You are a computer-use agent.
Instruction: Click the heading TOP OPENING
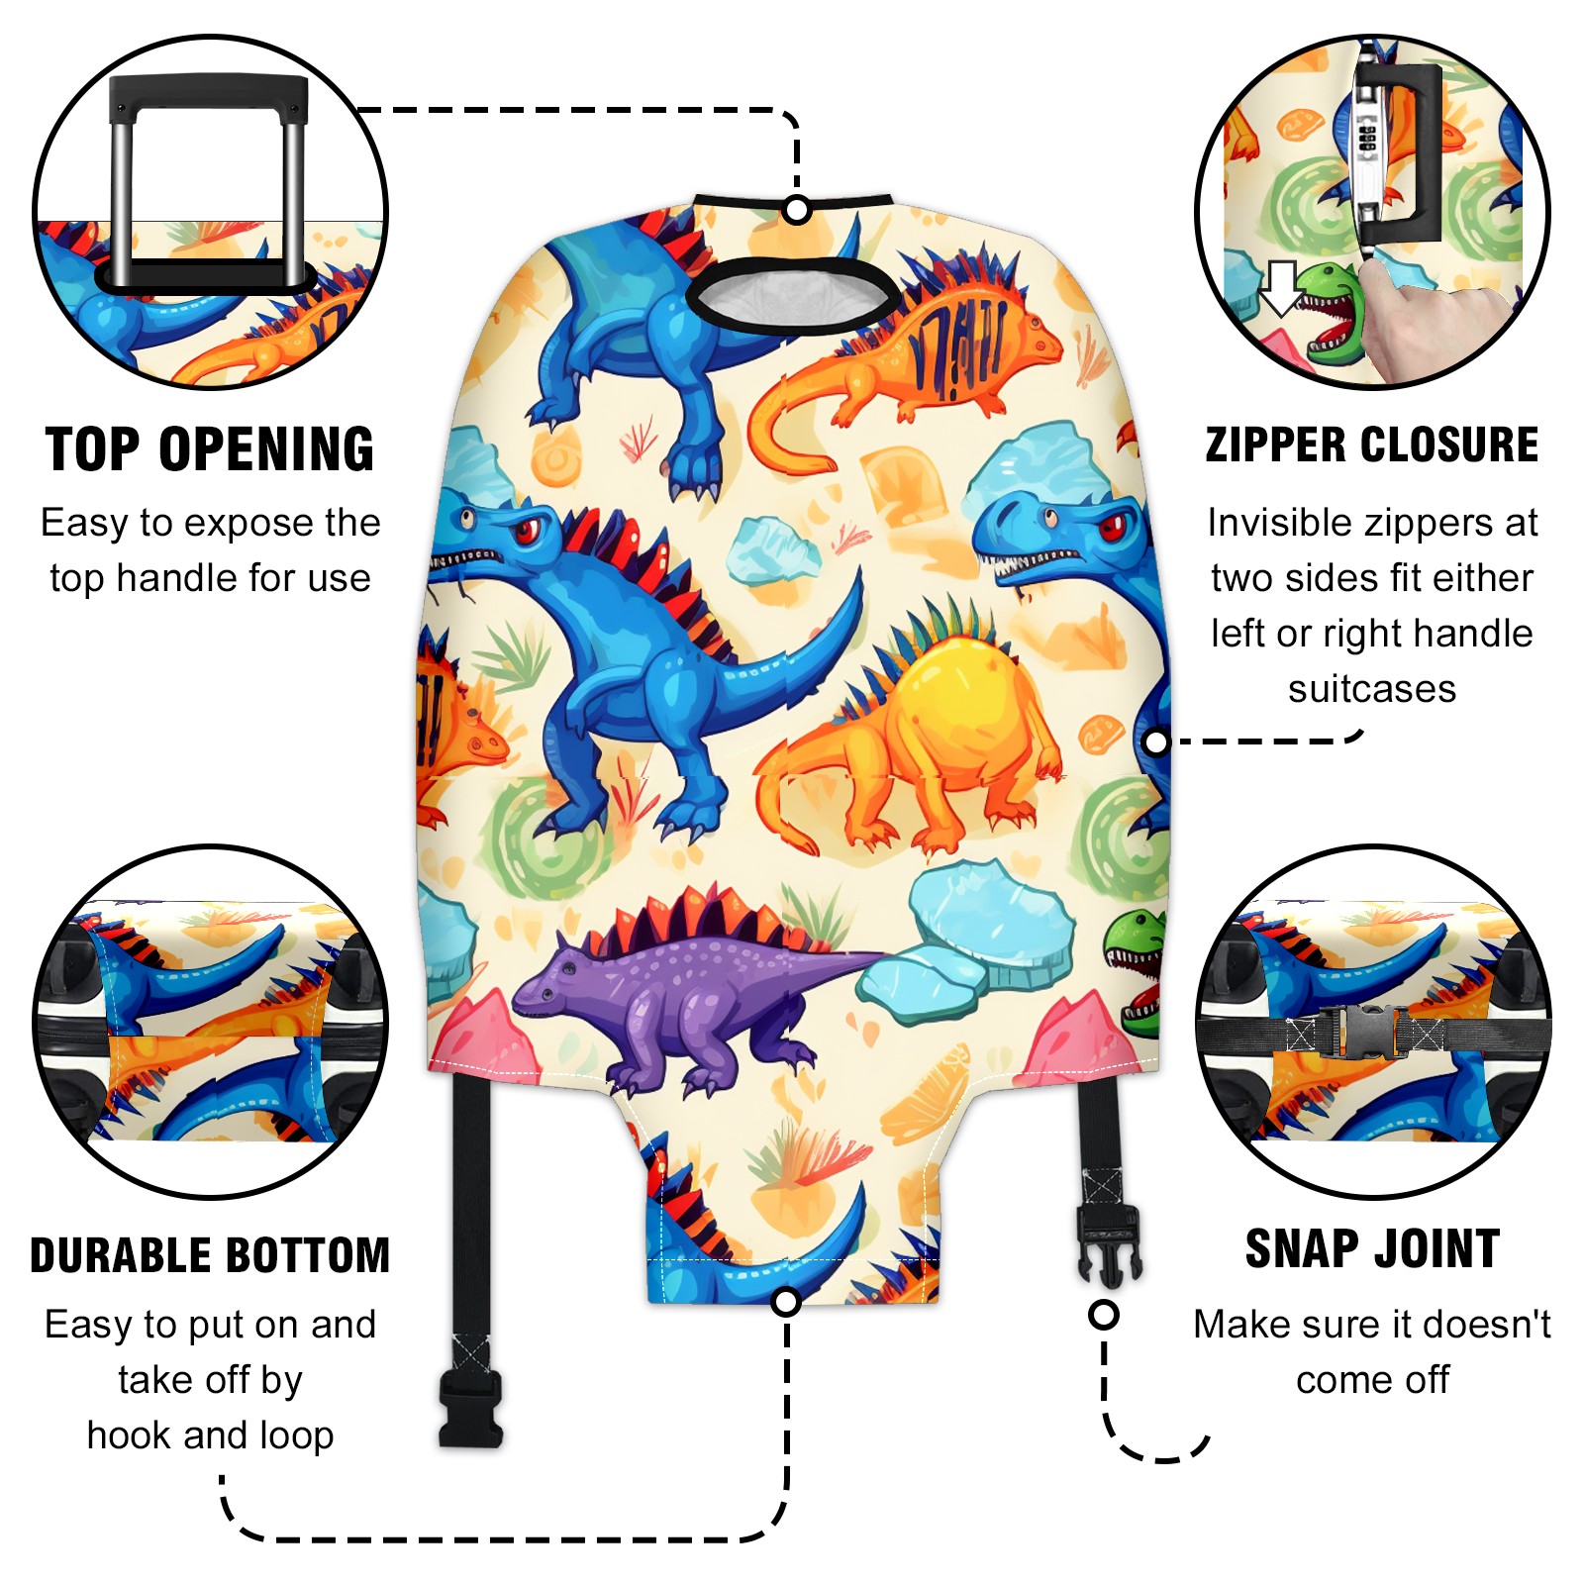pyautogui.click(x=210, y=449)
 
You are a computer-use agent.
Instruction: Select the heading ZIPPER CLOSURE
pyautogui.click(x=1372, y=445)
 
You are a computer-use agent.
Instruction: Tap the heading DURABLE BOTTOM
pyautogui.click(x=210, y=1255)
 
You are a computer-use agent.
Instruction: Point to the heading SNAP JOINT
pyautogui.click(x=1372, y=1248)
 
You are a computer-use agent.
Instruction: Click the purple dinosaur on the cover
pyautogui.click(x=683, y=990)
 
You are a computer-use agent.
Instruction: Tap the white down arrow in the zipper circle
pyautogui.click(x=1282, y=287)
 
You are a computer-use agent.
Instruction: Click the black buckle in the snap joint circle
pyautogui.click(x=1361, y=1032)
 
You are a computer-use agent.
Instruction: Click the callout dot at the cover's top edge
pyautogui.click(x=797, y=210)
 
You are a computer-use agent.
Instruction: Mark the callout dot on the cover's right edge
pyautogui.click(x=1156, y=742)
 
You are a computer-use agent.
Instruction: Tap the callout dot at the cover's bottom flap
pyautogui.click(x=786, y=1302)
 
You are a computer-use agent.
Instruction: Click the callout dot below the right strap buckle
pyautogui.click(x=1104, y=1315)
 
